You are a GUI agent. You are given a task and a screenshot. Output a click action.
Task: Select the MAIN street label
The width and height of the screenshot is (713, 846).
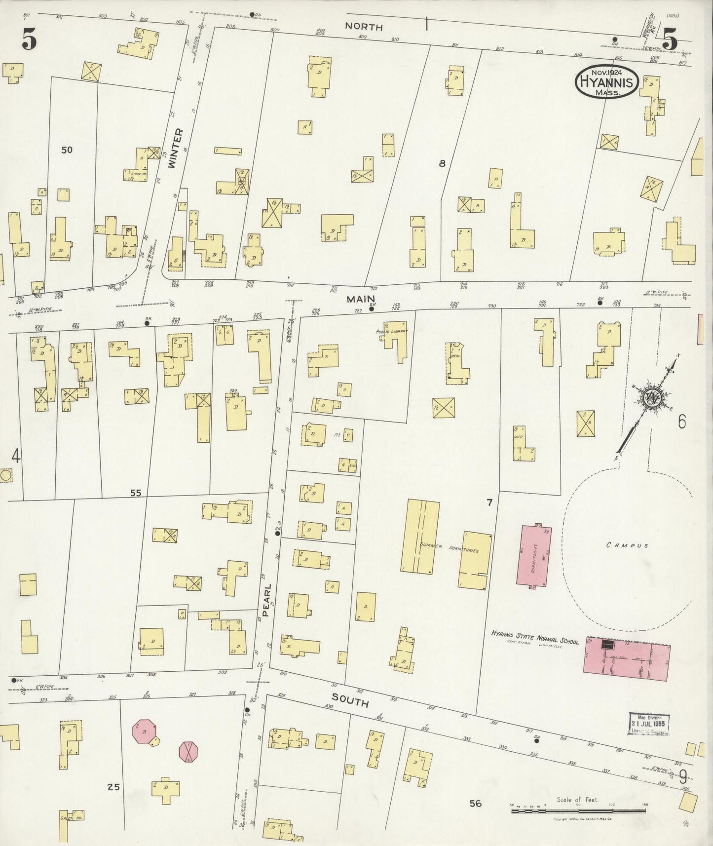pos(361,299)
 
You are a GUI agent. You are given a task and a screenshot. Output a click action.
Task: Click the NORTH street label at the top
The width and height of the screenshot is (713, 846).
pos(364,27)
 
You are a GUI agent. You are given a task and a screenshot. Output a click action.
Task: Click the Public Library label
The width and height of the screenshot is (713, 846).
pos(391,332)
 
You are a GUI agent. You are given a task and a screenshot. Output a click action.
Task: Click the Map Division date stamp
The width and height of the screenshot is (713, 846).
pos(649,724)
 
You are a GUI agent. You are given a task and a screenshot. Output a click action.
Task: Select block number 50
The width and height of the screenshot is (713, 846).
pos(67,150)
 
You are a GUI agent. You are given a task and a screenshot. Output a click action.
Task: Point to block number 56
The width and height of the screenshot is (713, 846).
pos(475,803)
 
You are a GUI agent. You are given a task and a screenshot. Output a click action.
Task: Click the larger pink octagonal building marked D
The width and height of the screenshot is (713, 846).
pos(145,731)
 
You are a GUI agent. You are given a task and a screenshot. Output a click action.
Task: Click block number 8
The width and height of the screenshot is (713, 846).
pos(442,163)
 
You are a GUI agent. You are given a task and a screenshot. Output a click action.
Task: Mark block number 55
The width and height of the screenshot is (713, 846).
pos(136,493)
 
